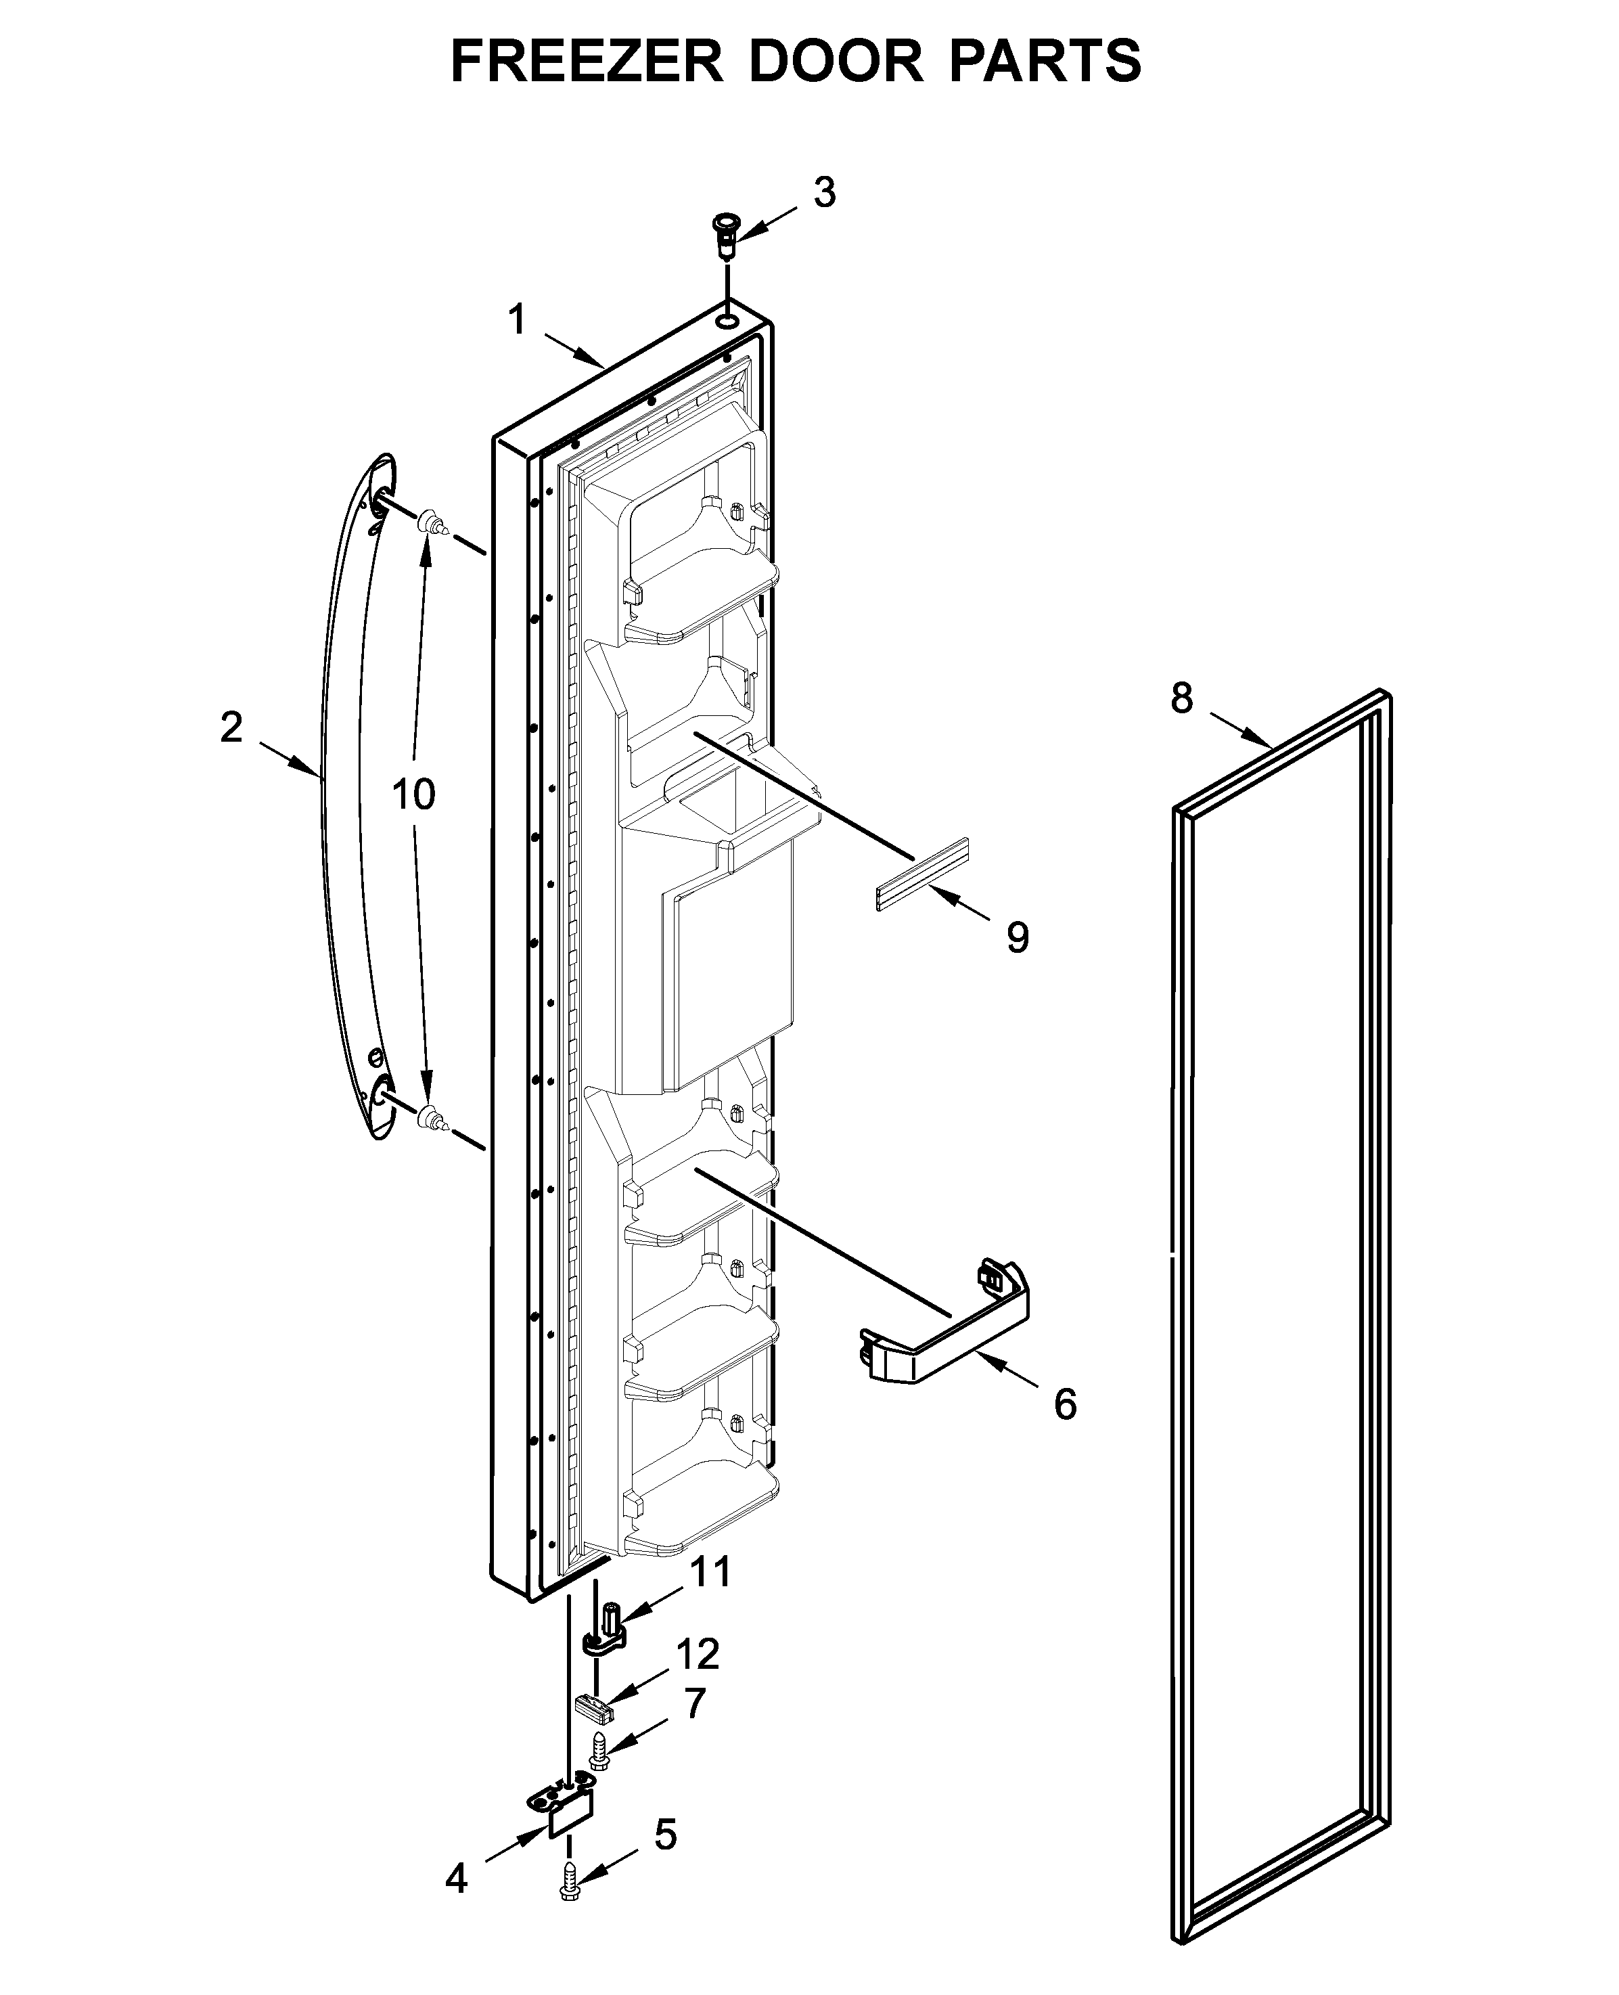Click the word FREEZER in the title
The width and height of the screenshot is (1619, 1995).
[587, 62]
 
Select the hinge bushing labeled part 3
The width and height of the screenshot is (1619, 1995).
[725, 237]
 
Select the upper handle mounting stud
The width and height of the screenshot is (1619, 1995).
[429, 524]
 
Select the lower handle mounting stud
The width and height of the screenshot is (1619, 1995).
[429, 1117]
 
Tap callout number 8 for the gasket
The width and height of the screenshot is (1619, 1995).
[1182, 698]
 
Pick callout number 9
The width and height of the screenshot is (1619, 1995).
[1018, 937]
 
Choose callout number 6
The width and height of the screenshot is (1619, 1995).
[1065, 1404]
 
